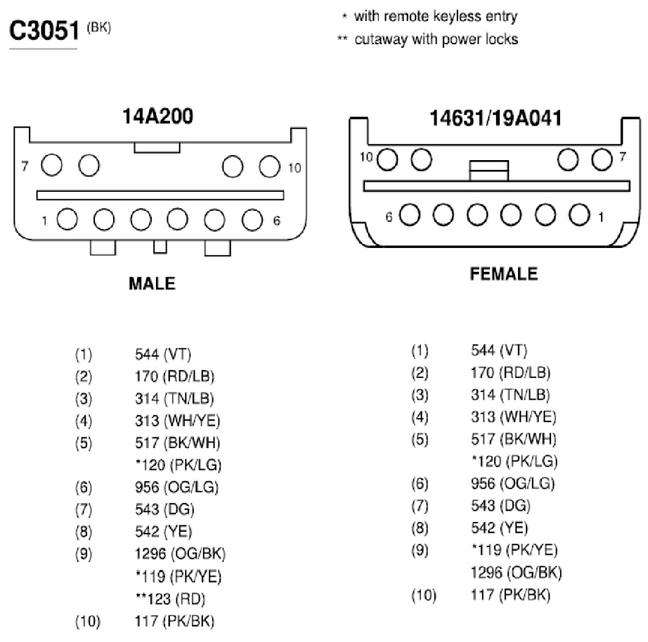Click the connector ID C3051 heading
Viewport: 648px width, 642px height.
(44, 31)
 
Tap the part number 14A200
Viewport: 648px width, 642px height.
(157, 116)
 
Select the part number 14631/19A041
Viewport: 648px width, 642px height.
(495, 118)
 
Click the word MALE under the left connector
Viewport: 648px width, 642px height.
(152, 283)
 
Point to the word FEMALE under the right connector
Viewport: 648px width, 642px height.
(504, 274)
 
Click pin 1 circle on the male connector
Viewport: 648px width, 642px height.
(67, 219)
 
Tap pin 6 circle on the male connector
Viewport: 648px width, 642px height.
(252, 220)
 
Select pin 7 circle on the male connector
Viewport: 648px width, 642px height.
(52, 165)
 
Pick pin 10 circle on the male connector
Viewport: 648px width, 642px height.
(269, 166)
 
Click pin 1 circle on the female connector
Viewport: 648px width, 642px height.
(579, 215)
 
